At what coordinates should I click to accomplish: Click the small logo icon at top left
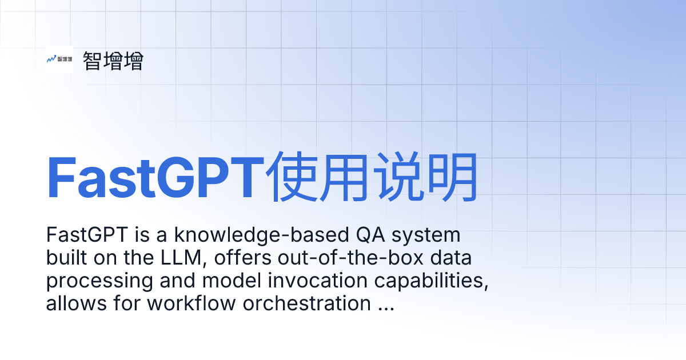pos(59,59)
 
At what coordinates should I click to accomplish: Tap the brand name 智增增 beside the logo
pos(113,61)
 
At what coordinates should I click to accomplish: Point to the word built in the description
pos(65,258)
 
